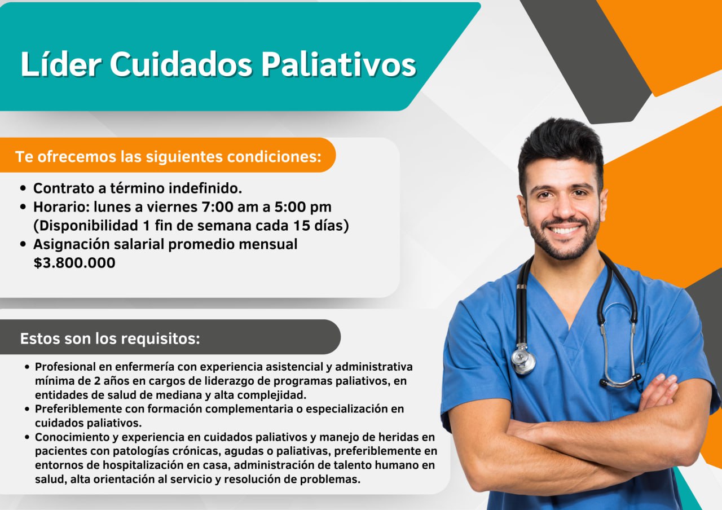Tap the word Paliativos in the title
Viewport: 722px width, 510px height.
pyautogui.click(x=338, y=64)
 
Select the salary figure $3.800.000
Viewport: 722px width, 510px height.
pyautogui.click(x=74, y=263)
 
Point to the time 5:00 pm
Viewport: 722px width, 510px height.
pyautogui.click(x=303, y=207)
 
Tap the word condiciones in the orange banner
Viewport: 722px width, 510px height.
pyautogui.click(x=274, y=157)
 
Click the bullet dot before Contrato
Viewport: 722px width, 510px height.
pyautogui.click(x=23, y=188)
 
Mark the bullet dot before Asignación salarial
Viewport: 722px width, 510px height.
pyautogui.click(x=23, y=244)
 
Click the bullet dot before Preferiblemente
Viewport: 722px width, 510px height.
pyautogui.click(x=27, y=409)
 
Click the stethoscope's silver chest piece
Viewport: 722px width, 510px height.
pyautogui.click(x=523, y=362)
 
